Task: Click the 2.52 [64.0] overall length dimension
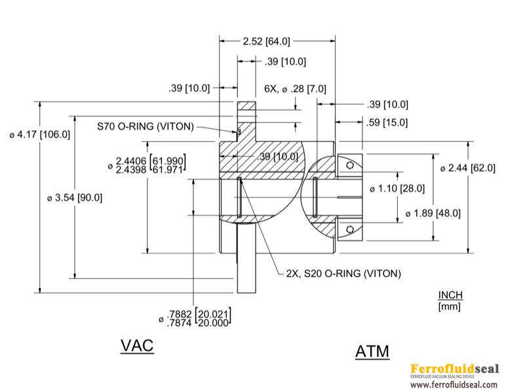coord(265,42)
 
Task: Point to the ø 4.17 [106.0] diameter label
coord(39,135)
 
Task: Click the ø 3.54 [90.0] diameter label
coord(75,197)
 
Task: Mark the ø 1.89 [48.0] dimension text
coord(433,213)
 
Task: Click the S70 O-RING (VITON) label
coord(145,127)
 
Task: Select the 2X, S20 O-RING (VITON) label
coord(343,273)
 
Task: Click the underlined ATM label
coord(372,351)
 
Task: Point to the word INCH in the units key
coord(451,295)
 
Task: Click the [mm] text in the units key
coord(449,306)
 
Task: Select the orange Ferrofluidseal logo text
coord(454,368)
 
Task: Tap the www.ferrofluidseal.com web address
coord(454,385)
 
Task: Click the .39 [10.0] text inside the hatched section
coord(278,156)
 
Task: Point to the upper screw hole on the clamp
coord(351,166)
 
